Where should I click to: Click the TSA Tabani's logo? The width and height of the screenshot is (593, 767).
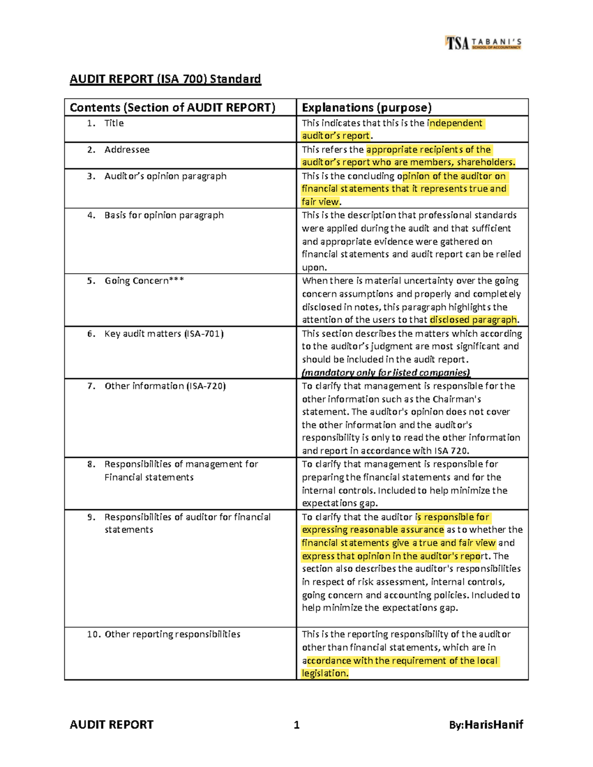coord(483,43)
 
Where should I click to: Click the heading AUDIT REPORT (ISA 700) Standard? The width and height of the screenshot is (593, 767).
coord(165,79)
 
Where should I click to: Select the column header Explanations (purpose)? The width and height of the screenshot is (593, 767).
coord(367,108)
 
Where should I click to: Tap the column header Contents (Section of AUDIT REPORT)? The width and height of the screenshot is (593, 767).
coord(172,108)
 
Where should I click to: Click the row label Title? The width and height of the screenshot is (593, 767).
coord(114,123)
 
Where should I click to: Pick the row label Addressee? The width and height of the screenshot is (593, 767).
coord(127,150)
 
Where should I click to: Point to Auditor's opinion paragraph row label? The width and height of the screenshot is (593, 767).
coord(165,176)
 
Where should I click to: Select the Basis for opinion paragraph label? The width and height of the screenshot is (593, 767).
coord(164,215)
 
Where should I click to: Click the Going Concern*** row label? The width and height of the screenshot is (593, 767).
coord(144,281)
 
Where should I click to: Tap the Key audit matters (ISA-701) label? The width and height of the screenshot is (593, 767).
coord(164,334)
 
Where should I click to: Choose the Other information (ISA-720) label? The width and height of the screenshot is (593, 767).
coord(165,386)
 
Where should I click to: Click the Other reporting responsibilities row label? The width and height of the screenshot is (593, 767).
coord(172,634)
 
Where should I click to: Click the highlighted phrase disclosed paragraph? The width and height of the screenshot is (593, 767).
coord(473,320)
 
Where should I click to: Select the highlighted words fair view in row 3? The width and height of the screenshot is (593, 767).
coord(320,202)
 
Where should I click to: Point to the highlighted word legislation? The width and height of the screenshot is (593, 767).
coord(325,673)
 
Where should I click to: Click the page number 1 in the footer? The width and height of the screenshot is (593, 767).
coord(296,725)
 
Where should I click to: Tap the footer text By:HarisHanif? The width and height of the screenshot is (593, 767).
coord(485,725)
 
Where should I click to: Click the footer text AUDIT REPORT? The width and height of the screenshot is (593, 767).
coord(112,725)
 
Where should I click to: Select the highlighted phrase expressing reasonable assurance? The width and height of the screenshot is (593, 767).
coord(373,530)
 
